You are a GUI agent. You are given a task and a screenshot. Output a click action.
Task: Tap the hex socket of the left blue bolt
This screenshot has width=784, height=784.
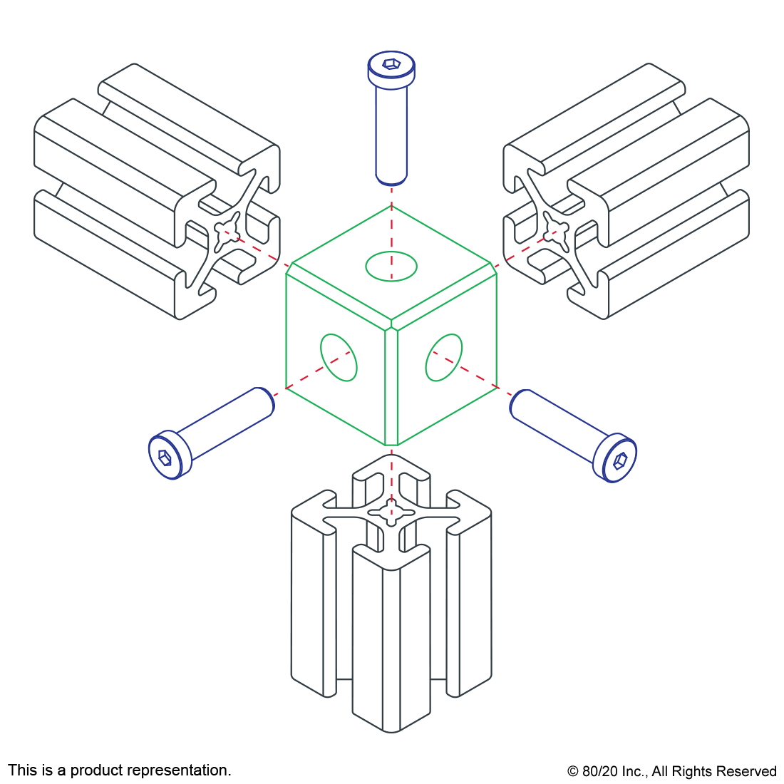(164, 457)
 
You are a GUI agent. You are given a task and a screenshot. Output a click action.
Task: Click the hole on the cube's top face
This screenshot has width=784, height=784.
(391, 266)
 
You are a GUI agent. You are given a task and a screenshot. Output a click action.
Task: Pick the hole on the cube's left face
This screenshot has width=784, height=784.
(339, 356)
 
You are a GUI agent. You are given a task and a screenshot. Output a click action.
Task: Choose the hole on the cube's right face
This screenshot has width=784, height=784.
(443, 357)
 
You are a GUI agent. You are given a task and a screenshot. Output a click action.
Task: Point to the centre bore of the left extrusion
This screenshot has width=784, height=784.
(227, 231)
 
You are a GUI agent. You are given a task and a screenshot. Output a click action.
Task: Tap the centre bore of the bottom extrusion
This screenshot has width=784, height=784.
(390, 511)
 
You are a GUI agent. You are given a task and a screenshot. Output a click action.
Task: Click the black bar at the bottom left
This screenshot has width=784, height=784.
(119, 771)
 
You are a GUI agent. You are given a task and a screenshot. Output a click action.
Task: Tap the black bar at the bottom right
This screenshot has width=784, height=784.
(671, 773)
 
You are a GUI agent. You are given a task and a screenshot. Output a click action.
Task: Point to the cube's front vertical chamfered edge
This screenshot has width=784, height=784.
(391, 385)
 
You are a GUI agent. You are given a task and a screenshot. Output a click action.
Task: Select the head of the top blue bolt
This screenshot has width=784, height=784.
(389, 71)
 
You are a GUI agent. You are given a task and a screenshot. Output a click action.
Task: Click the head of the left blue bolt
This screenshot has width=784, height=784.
(170, 455)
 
